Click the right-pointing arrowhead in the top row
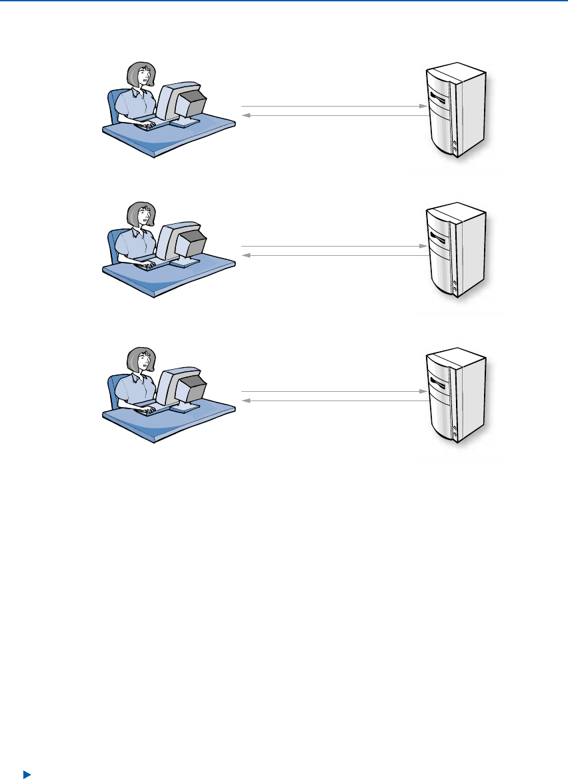(423, 107)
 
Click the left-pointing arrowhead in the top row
(244, 116)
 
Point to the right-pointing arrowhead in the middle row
(423, 247)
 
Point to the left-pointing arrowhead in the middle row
(244, 255)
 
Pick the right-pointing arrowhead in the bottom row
(423, 392)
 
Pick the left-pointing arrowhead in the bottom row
(244, 401)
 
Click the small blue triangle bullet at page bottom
(27, 774)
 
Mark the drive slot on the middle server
(439, 238)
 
